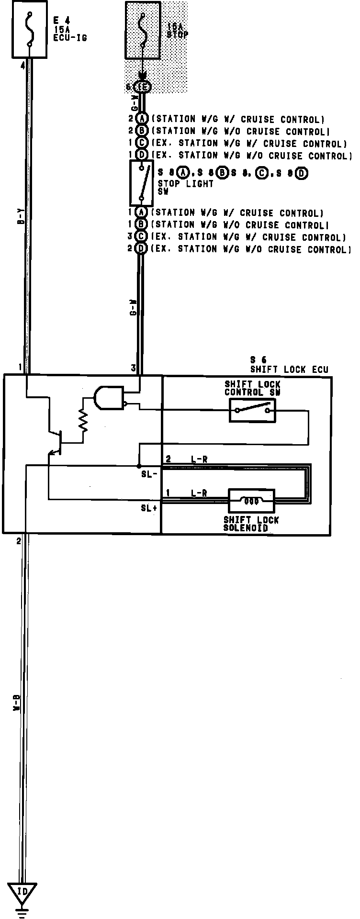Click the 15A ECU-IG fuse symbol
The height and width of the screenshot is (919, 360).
click(29, 29)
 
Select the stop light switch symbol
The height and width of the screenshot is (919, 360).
click(141, 183)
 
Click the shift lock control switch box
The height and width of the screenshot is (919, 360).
click(252, 410)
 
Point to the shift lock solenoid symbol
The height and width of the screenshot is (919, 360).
click(251, 501)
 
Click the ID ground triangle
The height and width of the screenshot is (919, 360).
click(22, 891)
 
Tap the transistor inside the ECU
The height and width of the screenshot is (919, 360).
click(56, 441)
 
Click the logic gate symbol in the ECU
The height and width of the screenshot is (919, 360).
click(107, 398)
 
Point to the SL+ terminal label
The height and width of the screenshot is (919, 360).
click(149, 508)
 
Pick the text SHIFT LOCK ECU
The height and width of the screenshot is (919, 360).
click(289, 370)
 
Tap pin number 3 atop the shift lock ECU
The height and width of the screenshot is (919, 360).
click(134, 368)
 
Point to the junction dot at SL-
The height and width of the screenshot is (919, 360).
click(138, 466)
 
